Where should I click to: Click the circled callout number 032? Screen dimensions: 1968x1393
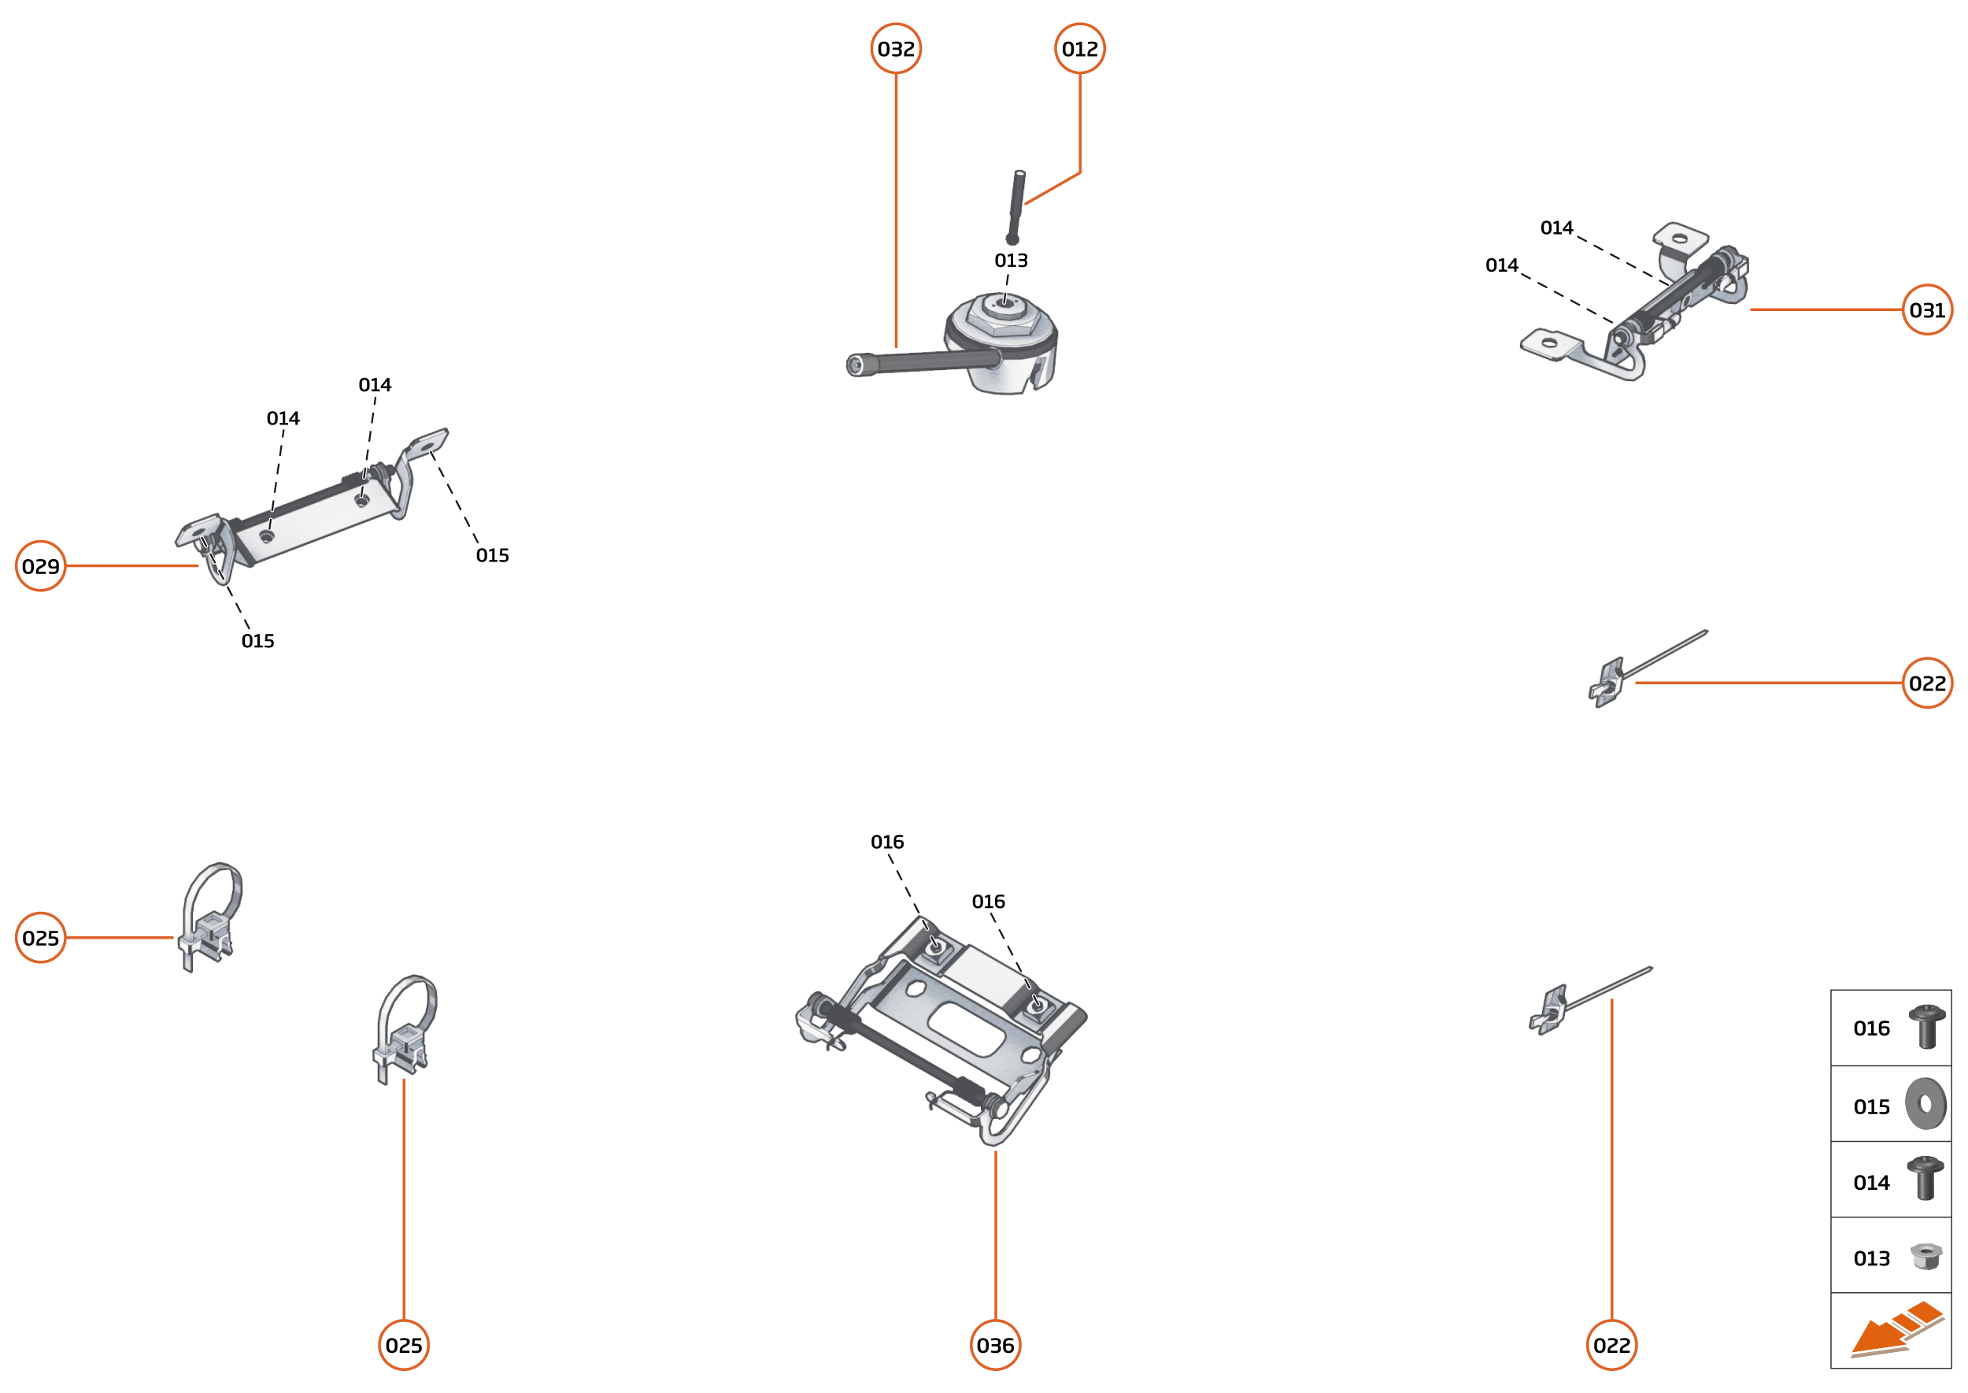coord(895,49)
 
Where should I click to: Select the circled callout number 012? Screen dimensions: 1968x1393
coord(1079,49)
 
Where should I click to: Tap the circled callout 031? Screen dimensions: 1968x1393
coord(1927,309)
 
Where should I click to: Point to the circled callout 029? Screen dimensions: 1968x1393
coord(40,566)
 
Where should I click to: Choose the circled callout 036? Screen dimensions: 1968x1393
coord(995,1345)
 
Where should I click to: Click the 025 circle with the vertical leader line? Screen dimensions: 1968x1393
coord(404,1345)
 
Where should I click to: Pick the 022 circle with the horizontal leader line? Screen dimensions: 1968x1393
coord(1927,683)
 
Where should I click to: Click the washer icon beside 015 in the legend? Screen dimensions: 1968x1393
coord(1926,1104)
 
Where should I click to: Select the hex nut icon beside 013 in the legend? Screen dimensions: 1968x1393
coord(1926,1257)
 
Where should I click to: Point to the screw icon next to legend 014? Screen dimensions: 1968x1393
coord(1925,1179)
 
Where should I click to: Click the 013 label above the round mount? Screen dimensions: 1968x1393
coord(1011,260)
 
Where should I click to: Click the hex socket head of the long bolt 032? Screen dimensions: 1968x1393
coord(856,365)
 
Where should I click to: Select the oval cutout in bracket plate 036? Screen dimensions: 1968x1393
coord(967,1030)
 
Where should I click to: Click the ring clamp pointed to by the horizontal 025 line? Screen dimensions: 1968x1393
coord(211,916)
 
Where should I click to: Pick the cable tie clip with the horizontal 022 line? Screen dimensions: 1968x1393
coord(1647,669)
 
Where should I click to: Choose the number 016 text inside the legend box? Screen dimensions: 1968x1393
coord(1871,1028)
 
